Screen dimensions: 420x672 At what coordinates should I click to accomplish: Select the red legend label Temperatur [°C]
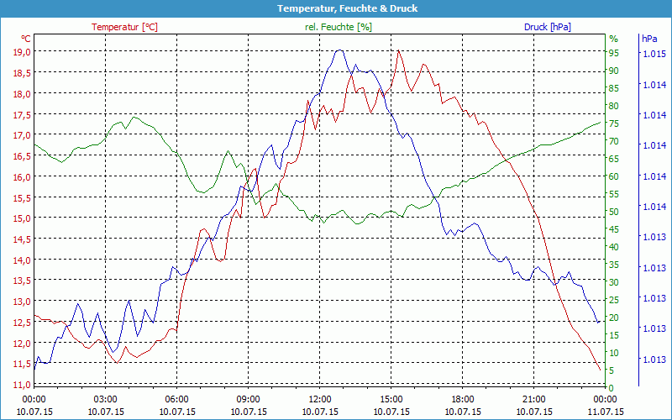click(124, 27)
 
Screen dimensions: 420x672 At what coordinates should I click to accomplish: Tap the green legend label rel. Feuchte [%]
click(338, 27)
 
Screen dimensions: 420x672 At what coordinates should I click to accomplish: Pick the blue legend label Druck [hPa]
click(547, 27)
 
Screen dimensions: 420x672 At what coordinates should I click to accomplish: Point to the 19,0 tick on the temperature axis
click(21, 52)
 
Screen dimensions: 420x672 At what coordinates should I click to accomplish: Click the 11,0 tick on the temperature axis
click(21, 384)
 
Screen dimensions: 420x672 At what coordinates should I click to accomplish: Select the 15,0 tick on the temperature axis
click(21, 218)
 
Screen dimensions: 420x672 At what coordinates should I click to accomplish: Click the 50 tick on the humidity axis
click(614, 212)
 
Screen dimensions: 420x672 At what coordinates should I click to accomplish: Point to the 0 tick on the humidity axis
click(612, 388)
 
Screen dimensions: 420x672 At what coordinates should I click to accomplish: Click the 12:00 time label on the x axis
click(320, 399)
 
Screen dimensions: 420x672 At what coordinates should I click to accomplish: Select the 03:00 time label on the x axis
click(105, 399)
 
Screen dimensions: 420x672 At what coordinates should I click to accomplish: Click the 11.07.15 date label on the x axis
click(605, 412)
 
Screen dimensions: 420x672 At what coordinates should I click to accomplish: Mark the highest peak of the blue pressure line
click(339, 50)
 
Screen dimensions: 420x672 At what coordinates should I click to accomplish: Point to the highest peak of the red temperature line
click(398, 51)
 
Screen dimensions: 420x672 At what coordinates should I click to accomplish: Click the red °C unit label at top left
click(26, 39)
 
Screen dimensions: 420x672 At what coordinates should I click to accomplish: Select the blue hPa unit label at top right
click(649, 39)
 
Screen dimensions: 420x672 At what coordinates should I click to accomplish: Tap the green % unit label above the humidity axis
click(613, 39)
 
